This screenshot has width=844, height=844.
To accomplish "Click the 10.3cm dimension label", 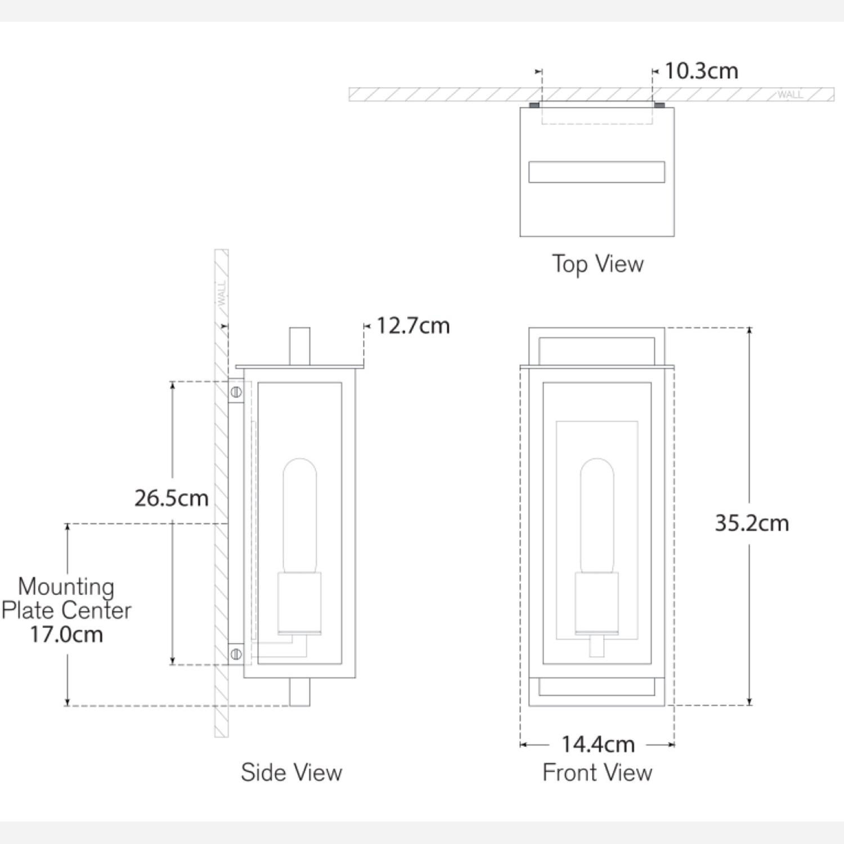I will click(x=701, y=71).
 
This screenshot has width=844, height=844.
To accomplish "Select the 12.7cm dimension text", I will click(x=413, y=326).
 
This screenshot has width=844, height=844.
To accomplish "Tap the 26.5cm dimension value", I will click(x=171, y=498).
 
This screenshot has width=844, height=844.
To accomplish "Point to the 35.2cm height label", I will click(x=752, y=523).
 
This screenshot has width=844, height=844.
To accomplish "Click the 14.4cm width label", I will click(x=598, y=744).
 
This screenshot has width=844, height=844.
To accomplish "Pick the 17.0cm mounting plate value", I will click(x=66, y=635).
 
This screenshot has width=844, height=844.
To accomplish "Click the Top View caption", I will click(x=598, y=264).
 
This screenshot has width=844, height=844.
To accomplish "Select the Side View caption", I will click(x=291, y=773).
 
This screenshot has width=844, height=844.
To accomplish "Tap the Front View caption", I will click(x=598, y=773).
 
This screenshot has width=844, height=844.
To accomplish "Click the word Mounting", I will click(x=66, y=586).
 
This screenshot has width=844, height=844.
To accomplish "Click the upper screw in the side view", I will click(x=236, y=392).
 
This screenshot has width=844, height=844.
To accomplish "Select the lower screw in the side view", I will click(x=236, y=654).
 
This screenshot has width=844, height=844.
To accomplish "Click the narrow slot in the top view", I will click(x=596, y=172).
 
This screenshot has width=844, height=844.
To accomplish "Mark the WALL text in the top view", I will click(x=791, y=95).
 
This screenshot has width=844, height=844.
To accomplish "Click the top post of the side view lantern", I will click(x=299, y=346).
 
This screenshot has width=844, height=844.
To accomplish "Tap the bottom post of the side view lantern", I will click(x=299, y=692).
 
